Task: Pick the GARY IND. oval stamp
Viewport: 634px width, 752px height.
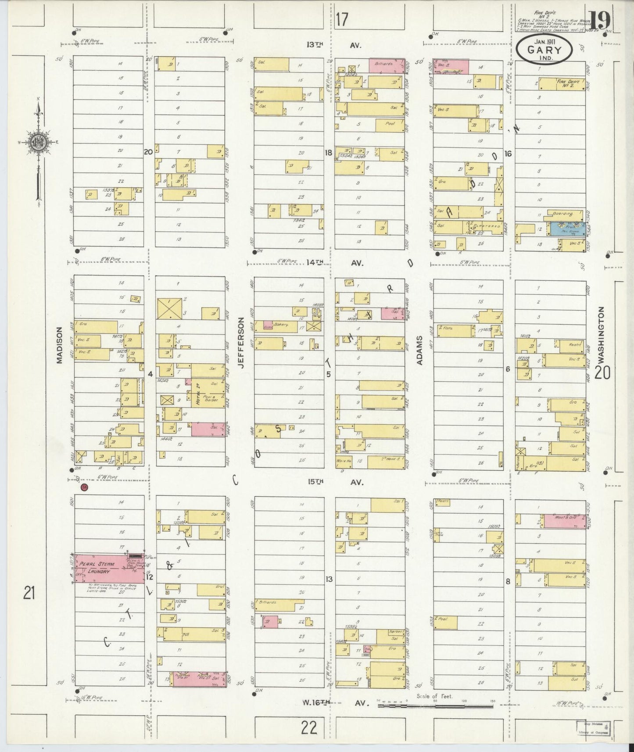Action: click(x=544, y=50)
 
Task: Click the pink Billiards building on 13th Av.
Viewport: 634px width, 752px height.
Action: click(x=387, y=65)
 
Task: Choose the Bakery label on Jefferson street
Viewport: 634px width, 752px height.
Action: click(x=280, y=325)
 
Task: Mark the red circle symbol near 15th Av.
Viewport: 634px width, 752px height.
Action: click(x=84, y=487)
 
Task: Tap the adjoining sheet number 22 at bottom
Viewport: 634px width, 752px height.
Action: click(x=309, y=728)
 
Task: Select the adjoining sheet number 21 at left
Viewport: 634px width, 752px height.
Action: click(x=29, y=594)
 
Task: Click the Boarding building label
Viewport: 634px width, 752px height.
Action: click(x=563, y=214)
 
